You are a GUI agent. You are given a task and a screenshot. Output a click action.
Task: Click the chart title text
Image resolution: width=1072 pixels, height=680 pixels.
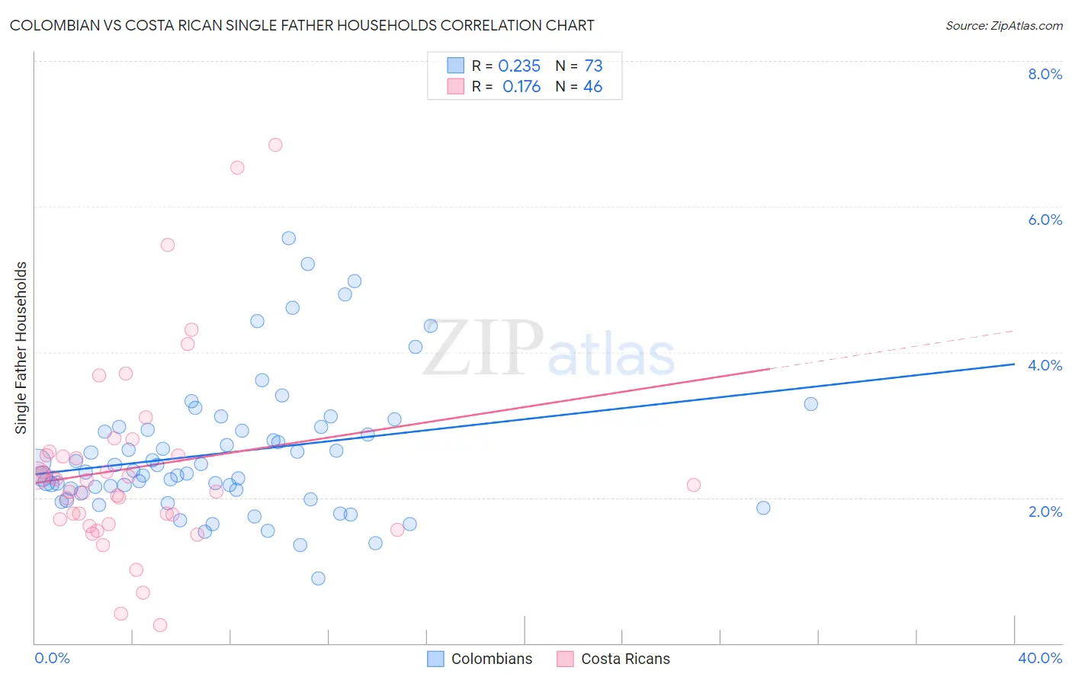pyautogui.click(x=302, y=25)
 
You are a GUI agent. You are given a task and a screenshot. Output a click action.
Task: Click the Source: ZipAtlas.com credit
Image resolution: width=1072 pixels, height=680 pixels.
pyautogui.click(x=1003, y=25)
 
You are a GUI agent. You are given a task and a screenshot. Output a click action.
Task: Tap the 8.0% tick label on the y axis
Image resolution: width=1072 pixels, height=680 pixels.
pyautogui.click(x=1045, y=74)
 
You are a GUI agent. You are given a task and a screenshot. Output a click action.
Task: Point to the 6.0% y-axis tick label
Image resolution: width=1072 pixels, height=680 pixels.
pyautogui.click(x=1045, y=220)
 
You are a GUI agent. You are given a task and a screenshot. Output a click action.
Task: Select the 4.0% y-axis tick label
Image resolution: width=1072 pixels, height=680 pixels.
pyautogui.click(x=1045, y=365)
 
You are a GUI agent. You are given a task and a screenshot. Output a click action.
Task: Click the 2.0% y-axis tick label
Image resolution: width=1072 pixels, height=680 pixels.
pyautogui.click(x=1045, y=512)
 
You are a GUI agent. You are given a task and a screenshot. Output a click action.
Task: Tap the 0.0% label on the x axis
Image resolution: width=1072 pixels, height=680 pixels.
pyautogui.click(x=52, y=658)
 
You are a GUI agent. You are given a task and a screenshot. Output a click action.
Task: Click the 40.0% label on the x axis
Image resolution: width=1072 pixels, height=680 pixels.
pyautogui.click(x=1039, y=658)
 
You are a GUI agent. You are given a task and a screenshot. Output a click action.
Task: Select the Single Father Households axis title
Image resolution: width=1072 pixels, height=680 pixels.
pyautogui.click(x=21, y=348)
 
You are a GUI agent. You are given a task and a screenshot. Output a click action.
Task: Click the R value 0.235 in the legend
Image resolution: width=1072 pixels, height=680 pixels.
pyautogui.click(x=519, y=66)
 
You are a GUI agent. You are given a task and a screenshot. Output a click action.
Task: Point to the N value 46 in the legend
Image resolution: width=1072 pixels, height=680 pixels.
pyautogui.click(x=592, y=87)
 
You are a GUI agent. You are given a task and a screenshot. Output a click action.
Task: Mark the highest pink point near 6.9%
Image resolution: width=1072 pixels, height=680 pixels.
pyautogui.click(x=275, y=145)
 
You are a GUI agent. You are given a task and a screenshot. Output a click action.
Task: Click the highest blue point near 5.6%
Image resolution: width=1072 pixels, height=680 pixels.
pyautogui.click(x=288, y=239)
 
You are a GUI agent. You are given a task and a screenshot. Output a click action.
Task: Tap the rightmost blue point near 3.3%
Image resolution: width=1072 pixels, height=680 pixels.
pyautogui.click(x=810, y=404)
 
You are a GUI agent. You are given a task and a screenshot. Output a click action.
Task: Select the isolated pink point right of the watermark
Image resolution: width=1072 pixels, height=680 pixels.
pyautogui.click(x=693, y=485)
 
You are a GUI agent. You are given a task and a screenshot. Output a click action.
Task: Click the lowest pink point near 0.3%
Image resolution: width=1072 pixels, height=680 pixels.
pyautogui.click(x=160, y=625)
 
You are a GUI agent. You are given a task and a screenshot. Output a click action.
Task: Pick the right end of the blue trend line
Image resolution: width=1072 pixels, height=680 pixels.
pyautogui.click(x=1014, y=364)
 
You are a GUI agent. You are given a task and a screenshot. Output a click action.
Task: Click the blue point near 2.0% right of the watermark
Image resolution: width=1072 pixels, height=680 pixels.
pyautogui.click(x=763, y=508)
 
